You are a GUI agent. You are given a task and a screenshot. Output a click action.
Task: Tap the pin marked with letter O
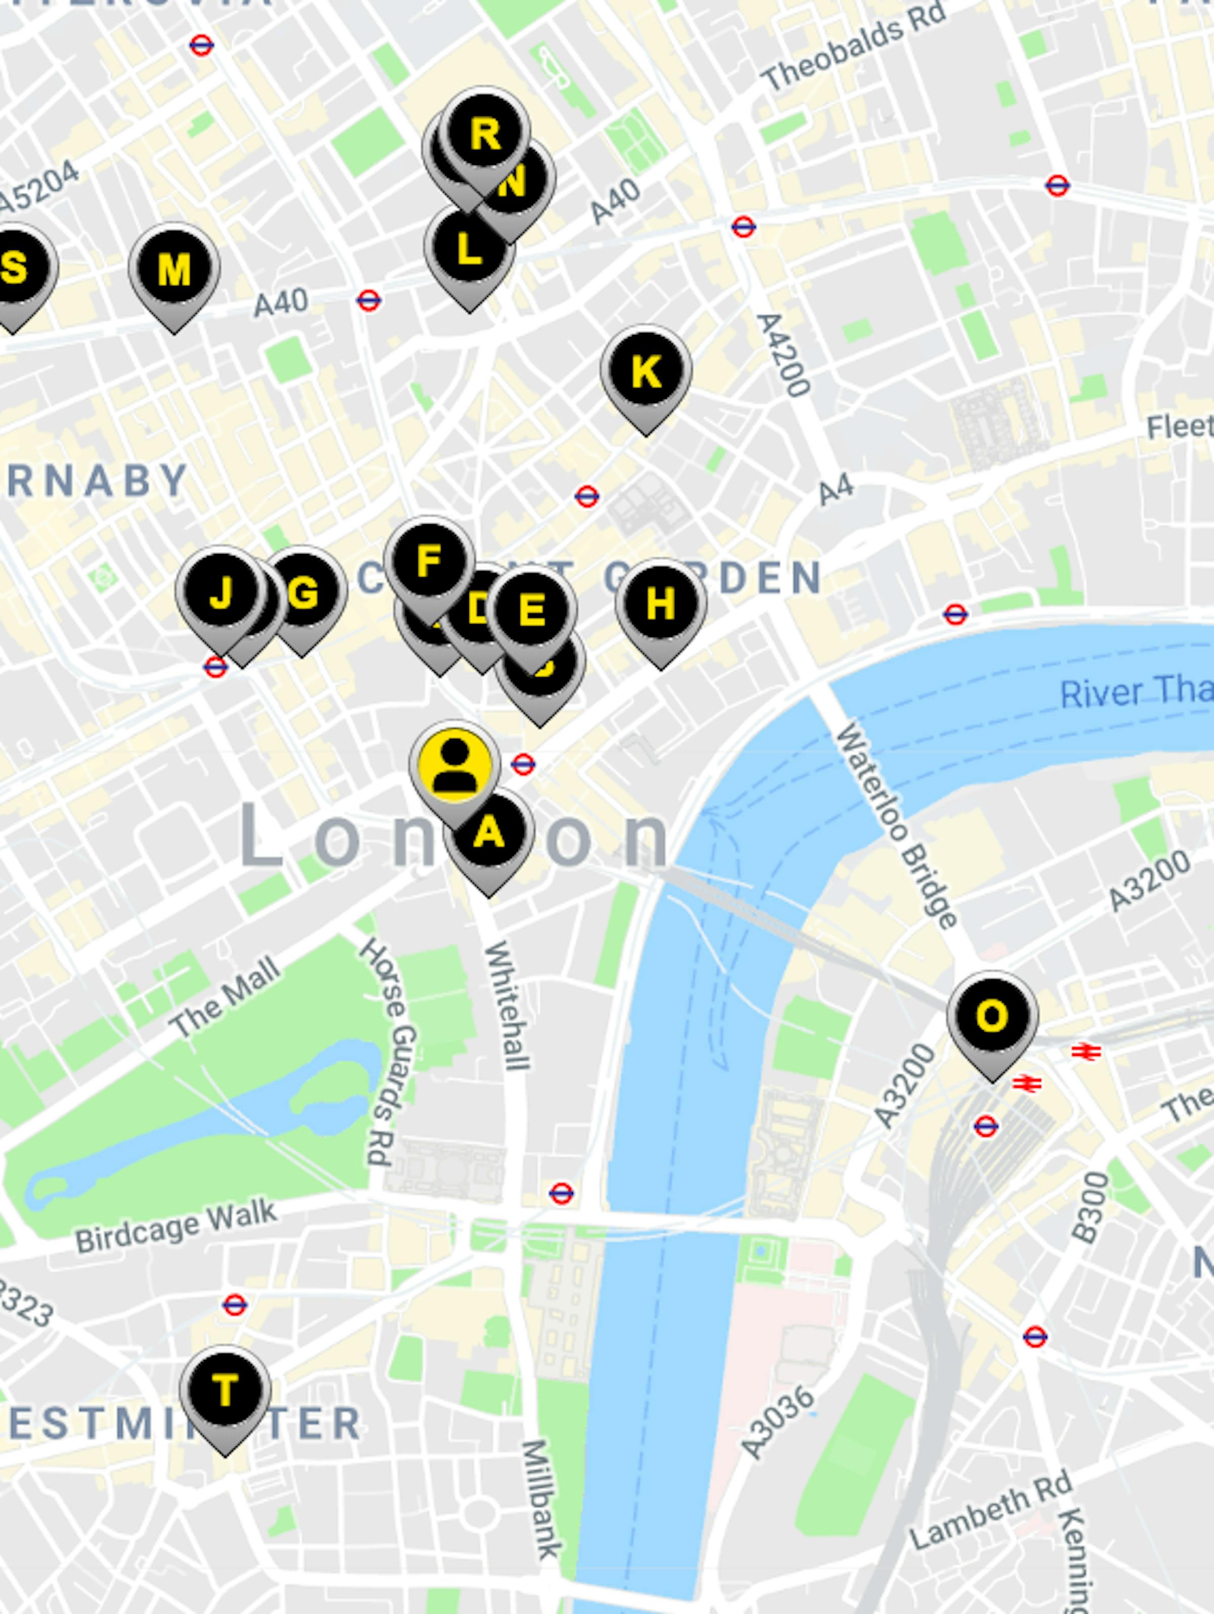(x=992, y=1017)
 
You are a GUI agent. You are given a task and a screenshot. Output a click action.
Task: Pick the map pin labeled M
(x=174, y=270)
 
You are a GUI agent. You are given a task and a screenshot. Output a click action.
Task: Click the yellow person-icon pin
(x=455, y=766)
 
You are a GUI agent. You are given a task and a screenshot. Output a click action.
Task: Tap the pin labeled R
(x=485, y=134)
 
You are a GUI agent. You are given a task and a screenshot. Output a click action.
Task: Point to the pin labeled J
(x=221, y=592)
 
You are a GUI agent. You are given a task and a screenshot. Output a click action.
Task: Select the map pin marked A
(x=489, y=833)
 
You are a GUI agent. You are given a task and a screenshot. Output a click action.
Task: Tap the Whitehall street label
(x=507, y=1005)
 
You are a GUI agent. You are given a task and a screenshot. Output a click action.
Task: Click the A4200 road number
(x=783, y=355)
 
